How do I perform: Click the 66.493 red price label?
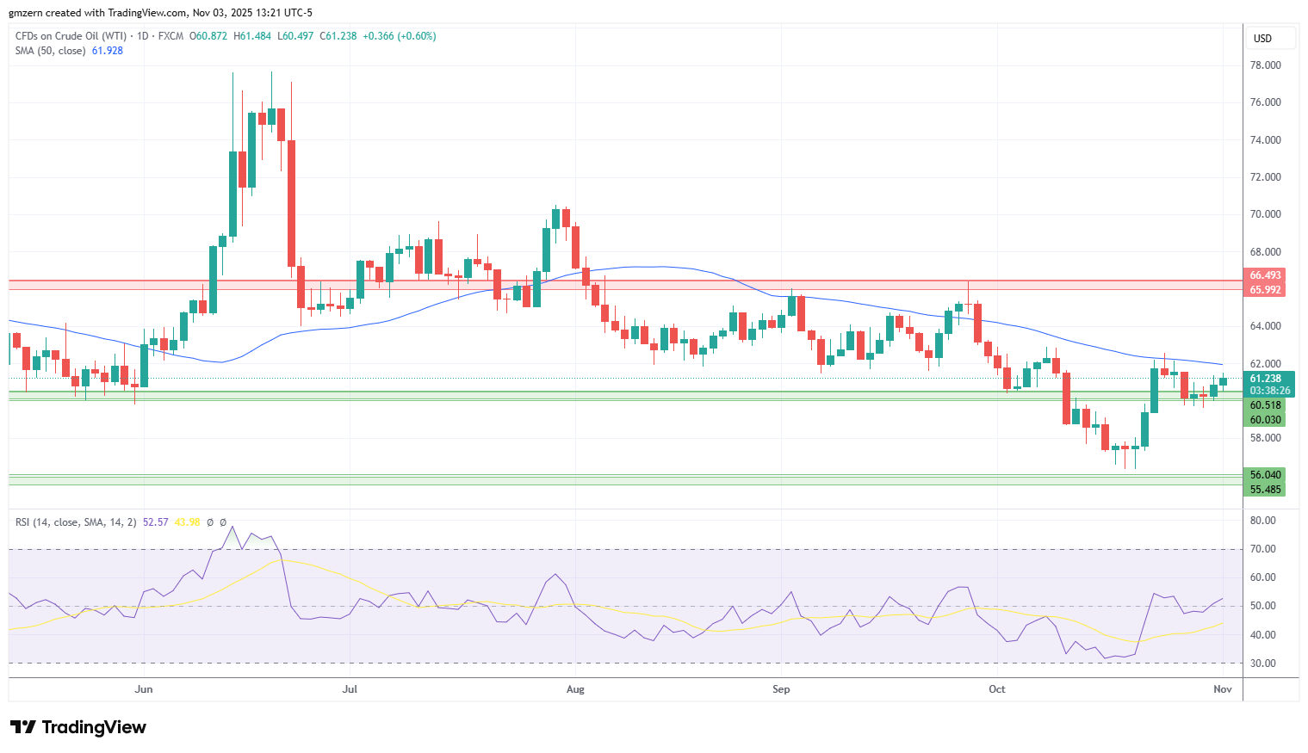point(1265,275)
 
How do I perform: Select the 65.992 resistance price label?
point(1265,289)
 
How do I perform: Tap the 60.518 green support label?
point(1265,405)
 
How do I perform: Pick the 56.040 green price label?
point(1265,474)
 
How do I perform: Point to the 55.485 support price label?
point(1265,489)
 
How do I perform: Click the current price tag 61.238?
point(1265,379)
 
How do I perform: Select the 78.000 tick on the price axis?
point(1265,65)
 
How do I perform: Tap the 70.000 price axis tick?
point(1265,214)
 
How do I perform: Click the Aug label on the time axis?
point(575,689)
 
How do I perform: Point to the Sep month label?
point(781,689)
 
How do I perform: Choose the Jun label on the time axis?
point(144,689)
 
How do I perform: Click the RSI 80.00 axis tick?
point(1262,520)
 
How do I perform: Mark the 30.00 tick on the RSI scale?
point(1262,664)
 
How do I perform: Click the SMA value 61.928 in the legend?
point(108,51)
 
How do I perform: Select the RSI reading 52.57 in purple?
point(155,522)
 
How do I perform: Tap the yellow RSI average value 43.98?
point(187,522)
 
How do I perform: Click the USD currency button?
point(1262,39)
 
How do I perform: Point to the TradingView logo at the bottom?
point(78,727)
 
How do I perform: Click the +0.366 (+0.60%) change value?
point(400,36)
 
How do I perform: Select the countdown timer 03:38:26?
point(1269,391)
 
